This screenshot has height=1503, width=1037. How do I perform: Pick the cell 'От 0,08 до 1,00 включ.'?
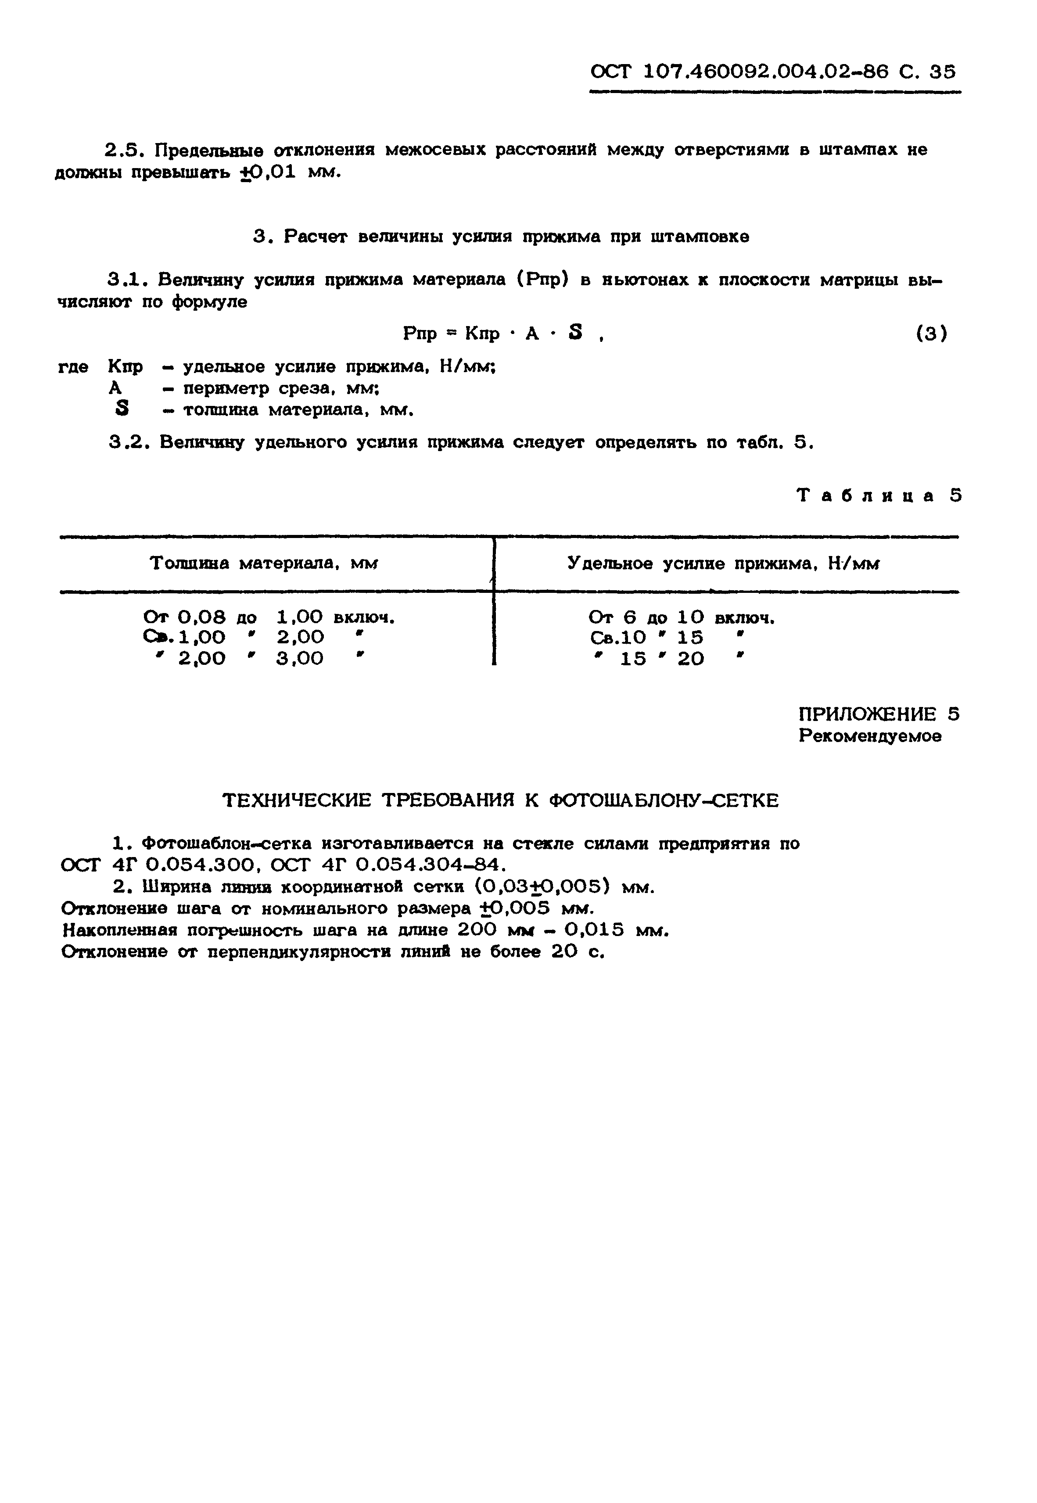[x=269, y=617]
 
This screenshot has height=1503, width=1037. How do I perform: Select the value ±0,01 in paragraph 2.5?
[x=268, y=173]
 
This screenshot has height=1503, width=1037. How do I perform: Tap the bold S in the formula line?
[x=574, y=333]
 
